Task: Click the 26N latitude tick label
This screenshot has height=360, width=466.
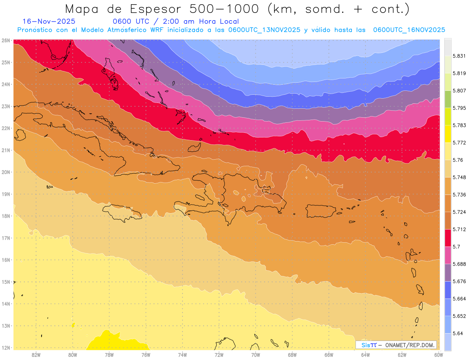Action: (x=5, y=40)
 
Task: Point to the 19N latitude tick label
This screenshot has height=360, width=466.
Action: (x=5, y=194)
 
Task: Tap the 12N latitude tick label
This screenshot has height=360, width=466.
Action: (x=5, y=348)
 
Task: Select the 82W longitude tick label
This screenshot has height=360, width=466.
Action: (x=36, y=354)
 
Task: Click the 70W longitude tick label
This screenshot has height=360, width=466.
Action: (x=256, y=354)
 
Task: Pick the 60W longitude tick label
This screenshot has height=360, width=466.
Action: (x=438, y=354)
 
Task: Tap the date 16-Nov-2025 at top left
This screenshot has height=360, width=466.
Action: (x=49, y=21)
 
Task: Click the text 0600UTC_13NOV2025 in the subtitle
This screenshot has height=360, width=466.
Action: (x=264, y=30)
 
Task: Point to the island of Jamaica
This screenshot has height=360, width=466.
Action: (x=122, y=212)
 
